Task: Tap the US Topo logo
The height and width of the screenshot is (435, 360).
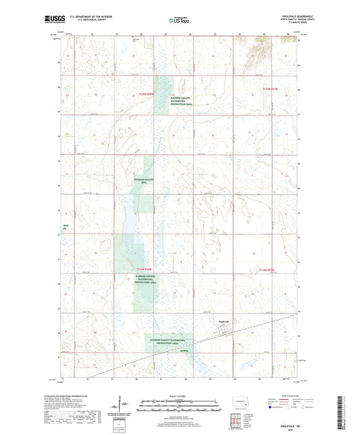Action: point(178,21)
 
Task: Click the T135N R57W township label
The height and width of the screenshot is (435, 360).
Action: point(270,89)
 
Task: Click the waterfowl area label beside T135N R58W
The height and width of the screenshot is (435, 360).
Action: point(181,99)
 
